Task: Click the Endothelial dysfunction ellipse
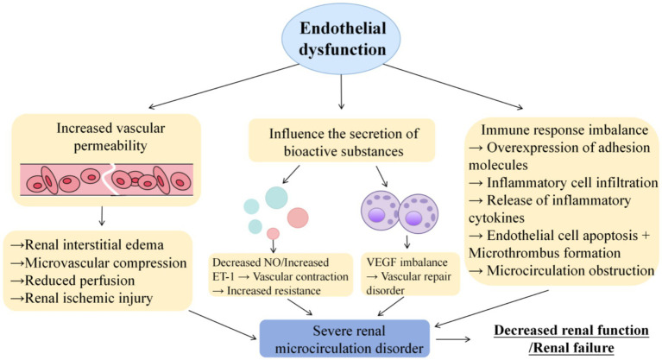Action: (341, 39)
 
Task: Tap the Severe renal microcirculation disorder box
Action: (344, 339)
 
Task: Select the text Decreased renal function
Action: (571, 330)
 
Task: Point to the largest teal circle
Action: (276, 198)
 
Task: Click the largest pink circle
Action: (298, 218)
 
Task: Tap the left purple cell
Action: (380, 211)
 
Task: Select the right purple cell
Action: (419, 214)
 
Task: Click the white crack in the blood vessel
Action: (110, 180)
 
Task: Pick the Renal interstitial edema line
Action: (87, 244)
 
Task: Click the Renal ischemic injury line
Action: (81, 298)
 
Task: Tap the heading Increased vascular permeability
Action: (110, 136)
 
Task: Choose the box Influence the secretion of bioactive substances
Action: (342, 141)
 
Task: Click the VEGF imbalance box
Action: (410, 275)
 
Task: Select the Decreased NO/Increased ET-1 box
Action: (281, 275)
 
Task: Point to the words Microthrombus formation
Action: (545, 253)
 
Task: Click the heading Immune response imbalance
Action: (564, 129)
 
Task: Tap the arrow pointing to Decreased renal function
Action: (453, 339)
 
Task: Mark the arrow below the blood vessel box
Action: (101, 216)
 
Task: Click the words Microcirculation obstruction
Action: (571, 270)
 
